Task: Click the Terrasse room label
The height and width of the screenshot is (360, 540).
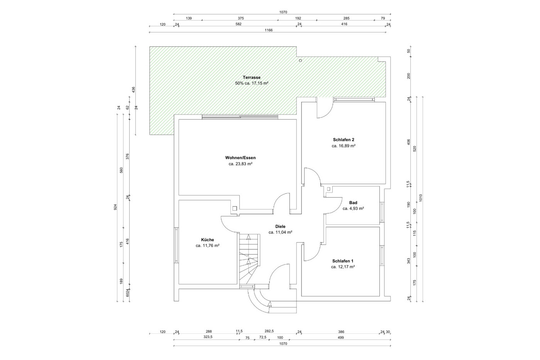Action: pyautogui.click(x=251, y=77)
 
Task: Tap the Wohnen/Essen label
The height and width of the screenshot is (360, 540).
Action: pyautogui.click(x=240, y=158)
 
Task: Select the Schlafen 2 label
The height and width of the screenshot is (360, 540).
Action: pyautogui.click(x=344, y=140)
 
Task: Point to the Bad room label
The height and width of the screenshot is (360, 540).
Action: pyautogui.click(x=353, y=203)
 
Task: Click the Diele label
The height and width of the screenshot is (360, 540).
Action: pyautogui.click(x=280, y=226)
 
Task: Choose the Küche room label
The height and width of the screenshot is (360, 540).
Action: pyautogui.click(x=208, y=240)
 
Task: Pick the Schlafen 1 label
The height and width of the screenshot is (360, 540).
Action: pyautogui.click(x=343, y=261)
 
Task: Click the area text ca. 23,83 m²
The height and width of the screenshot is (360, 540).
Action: pyautogui.click(x=240, y=164)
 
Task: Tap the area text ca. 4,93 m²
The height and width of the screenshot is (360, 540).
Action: pyautogui.click(x=353, y=209)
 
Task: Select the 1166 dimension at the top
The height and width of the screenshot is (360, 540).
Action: pyautogui.click(x=269, y=30)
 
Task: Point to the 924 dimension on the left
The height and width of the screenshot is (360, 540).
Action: pyautogui.click(x=115, y=207)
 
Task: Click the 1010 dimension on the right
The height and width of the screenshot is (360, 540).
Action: pyautogui.click(x=421, y=198)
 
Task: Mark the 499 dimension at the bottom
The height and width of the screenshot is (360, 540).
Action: pyautogui.click(x=340, y=338)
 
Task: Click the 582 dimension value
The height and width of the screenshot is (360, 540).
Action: pyautogui.click(x=239, y=24)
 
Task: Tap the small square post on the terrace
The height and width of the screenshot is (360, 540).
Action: pyautogui.click(x=300, y=61)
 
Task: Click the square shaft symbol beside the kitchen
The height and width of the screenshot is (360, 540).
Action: pyautogui.click(x=235, y=208)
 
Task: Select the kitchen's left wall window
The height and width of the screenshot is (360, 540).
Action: pyautogui.click(x=176, y=245)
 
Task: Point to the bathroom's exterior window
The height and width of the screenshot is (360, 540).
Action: pyautogui.click(x=382, y=212)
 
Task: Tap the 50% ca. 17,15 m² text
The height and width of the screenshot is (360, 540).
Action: pyautogui.click(x=252, y=83)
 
